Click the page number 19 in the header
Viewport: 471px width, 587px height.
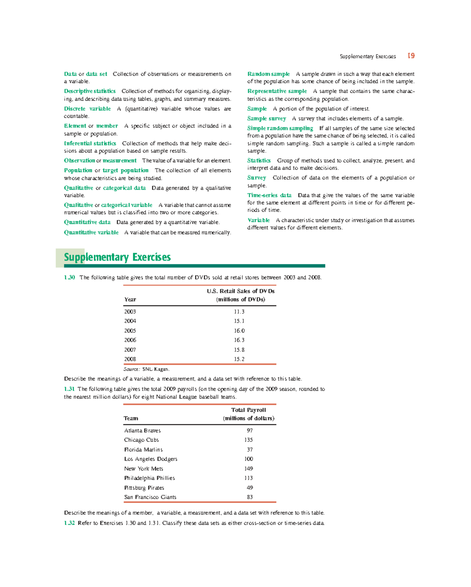pyautogui.click(x=411, y=56)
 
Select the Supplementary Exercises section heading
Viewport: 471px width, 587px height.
pyautogui.click(x=117, y=257)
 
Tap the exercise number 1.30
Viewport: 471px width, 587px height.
pyautogui.click(x=69, y=278)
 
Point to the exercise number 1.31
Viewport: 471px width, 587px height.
pyautogui.click(x=69, y=389)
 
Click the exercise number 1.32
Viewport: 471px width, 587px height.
pyautogui.click(x=69, y=523)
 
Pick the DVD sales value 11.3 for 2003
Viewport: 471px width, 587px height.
pyautogui.click(x=239, y=312)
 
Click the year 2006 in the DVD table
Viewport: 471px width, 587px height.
pyautogui.click(x=130, y=340)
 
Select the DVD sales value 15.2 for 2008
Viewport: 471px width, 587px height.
pyautogui.click(x=239, y=359)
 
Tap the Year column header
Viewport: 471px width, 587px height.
pyautogui.click(x=130, y=300)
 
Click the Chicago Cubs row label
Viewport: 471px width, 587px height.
pyautogui.click(x=141, y=440)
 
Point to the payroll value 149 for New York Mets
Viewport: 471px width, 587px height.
pyautogui.click(x=248, y=469)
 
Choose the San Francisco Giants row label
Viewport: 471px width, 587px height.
pyautogui.click(x=150, y=497)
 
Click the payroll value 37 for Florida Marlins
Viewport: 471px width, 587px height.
pyautogui.click(x=250, y=450)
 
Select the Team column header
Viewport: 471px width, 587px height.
pyautogui.click(x=131, y=419)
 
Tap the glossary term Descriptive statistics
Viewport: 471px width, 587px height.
pyautogui.click(x=90, y=91)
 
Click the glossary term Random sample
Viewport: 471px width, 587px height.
pyautogui.click(x=268, y=74)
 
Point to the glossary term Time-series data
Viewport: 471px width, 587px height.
pyautogui.click(x=269, y=195)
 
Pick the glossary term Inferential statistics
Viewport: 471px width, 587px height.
pyautogui.click(x=90, y=143)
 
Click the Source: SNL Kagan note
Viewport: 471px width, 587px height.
pyautogui.click(x=146, y=369)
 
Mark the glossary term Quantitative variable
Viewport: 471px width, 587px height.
pyautogui.click(x=91, y=232)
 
